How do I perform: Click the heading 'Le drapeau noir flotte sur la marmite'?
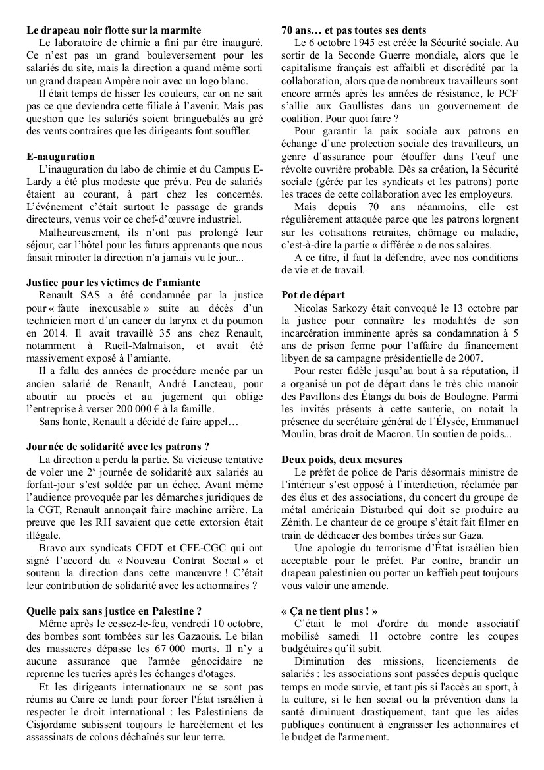click(x=114, y=30)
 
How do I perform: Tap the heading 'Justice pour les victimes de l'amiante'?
click(x=109, y=283)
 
